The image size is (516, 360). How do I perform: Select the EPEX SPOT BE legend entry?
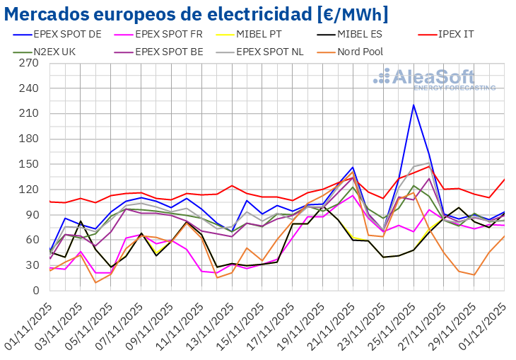point(165,51)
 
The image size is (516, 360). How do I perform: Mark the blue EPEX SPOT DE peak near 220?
point(414,105)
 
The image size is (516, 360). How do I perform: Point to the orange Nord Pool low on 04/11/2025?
point(95,283)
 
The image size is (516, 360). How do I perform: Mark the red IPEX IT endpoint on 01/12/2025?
point(504,180)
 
